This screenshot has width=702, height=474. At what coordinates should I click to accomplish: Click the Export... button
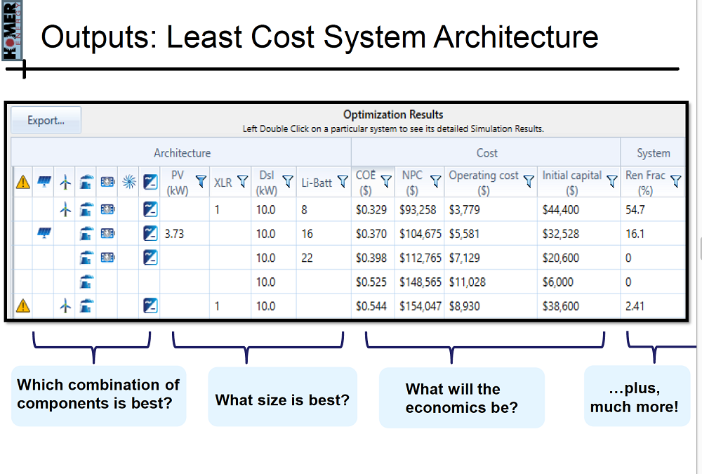pos(46,120)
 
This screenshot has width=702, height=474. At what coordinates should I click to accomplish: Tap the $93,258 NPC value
pos(418,210)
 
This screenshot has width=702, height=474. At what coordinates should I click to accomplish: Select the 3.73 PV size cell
pos(174,234)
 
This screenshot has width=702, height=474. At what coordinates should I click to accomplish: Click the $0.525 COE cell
pos(371,282)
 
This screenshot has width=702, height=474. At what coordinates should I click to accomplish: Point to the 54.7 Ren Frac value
pos(635,210)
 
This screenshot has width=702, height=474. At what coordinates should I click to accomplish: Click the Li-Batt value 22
pos(307,258)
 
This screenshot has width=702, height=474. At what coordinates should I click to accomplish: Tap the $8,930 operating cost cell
pos(464,306)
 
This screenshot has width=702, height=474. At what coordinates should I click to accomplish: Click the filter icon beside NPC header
pos(435,181)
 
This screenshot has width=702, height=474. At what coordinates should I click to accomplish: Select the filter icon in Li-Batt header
pos(343,181)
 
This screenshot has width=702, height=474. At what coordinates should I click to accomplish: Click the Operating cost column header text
pos(484,183)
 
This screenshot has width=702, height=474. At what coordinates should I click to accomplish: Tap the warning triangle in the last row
pos(23,306)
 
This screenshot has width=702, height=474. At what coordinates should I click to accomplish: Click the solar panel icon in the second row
pos(44,233)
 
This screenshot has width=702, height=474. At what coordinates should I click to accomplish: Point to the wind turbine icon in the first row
pos(65,209)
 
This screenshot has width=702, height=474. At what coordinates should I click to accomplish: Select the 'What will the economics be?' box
pos(462,398)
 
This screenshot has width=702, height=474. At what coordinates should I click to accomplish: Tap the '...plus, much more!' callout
pos(637,396)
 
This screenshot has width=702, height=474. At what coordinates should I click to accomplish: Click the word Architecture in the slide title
pos(516,37)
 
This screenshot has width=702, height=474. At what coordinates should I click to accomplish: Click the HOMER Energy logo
pos(11,30)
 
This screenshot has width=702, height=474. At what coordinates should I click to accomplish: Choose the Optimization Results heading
pos(393,114)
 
